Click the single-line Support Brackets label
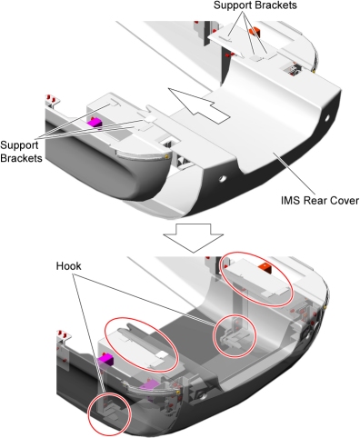tap(255, 5)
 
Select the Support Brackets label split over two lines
tap(21, 151)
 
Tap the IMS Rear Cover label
tap(320, 201)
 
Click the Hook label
tap(68, 266)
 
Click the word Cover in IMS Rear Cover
tap(345, 201)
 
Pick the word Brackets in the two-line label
tap(21, 158)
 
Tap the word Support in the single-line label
tap(232, 5)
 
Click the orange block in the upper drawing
tap(255, 32)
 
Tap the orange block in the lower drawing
tap(265, 267)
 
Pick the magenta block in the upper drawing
tap(94, 123)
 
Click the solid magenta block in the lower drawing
tap(105, 361)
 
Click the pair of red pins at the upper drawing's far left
tap(51, 98)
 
